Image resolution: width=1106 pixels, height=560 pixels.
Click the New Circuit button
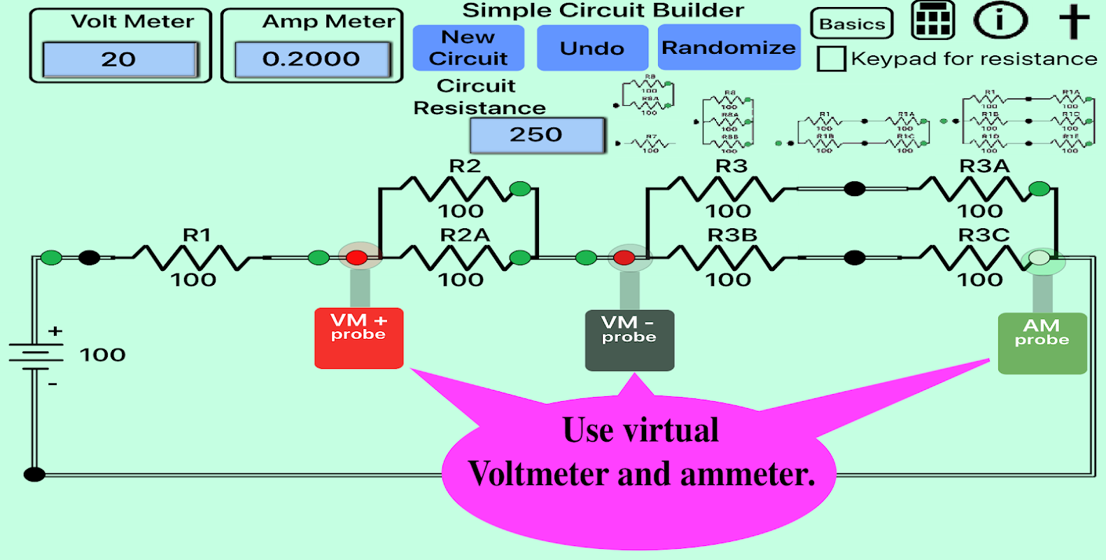coord(468,48)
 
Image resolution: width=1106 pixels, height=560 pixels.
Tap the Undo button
coord(592,48)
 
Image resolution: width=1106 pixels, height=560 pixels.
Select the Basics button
coord(852,24)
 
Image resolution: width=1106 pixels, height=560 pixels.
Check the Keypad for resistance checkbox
coord(832,59)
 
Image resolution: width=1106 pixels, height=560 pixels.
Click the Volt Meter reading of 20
coord(120,59)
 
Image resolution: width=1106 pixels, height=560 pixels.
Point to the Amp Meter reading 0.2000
coord(311,59)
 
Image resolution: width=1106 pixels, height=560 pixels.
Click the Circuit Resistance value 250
coord(537,134)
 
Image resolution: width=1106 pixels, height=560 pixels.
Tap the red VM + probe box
coord(359,337)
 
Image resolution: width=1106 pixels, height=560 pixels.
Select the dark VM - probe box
coord(629,340)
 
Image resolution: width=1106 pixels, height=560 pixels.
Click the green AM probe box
coord(1042,343)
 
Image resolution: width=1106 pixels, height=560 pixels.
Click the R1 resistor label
coord(197,235)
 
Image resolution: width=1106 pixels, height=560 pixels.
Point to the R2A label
coord(465,235)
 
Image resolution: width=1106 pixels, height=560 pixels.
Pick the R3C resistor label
coord(983,235)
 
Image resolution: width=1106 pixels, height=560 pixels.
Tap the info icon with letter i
coord(1000,21)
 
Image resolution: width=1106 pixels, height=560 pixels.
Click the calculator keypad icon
coord(933,20)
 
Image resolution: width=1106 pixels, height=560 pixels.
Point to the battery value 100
coord(102,355)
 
